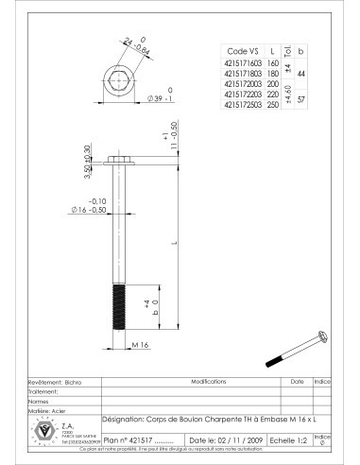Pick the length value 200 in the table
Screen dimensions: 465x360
tap(274, 83)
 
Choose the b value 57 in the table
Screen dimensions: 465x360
tap(300, 98)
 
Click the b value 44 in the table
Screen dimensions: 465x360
tap(300, 71)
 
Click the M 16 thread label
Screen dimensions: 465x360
tap(139, 345)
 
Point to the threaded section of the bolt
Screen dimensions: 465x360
tap(119, 306)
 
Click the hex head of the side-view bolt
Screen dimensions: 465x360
tap(119, 157)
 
